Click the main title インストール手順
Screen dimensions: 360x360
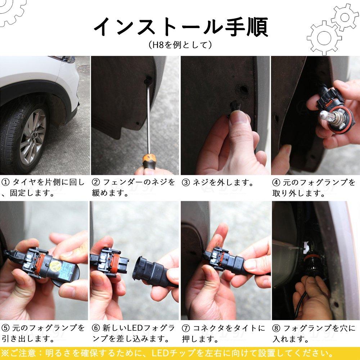click(181, 27)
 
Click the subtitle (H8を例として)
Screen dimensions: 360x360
click(180, 45)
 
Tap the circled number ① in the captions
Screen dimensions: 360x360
click(5, 182)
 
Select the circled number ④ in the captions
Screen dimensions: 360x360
click(276, 183)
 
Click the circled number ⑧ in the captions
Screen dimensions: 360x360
click(276, 328)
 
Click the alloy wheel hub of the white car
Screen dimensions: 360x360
click(33, 136)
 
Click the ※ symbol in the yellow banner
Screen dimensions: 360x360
click(5, 353)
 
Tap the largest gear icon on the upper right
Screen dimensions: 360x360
click(324, 38)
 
